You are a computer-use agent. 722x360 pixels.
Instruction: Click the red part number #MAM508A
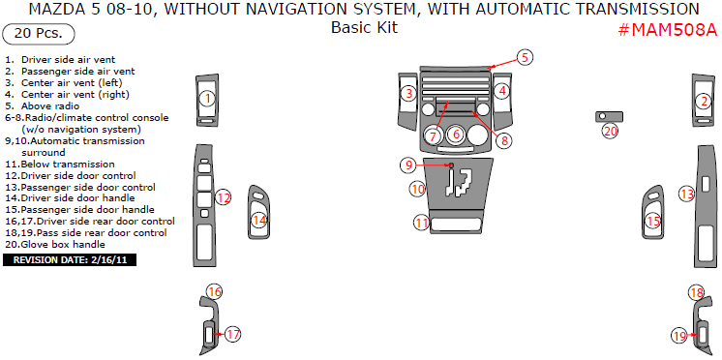667,30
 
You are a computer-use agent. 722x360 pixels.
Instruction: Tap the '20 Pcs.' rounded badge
39,34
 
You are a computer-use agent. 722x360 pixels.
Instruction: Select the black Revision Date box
70,260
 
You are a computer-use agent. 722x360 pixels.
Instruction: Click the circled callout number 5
525,57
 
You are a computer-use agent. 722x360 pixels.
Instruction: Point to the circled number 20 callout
611,132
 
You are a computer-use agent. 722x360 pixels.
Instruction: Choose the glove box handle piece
609,116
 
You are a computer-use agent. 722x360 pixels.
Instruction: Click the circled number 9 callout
408,165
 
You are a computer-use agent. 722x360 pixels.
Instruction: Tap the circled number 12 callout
224,198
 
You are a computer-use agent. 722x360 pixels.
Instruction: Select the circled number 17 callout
233,334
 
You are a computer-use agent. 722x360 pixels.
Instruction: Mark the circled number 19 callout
680,336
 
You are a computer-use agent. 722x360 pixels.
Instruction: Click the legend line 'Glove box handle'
55,245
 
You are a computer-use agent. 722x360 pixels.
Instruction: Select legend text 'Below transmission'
60,164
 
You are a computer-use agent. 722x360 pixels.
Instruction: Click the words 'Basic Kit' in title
364,27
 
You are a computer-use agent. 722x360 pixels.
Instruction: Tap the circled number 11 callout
422,224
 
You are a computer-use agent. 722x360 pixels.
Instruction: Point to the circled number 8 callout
504,140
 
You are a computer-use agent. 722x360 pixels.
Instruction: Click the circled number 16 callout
215,291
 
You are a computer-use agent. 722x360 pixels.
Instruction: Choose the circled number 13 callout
687,195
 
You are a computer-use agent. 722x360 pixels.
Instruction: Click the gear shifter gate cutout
458,183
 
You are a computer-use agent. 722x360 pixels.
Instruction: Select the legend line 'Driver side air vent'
60,59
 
